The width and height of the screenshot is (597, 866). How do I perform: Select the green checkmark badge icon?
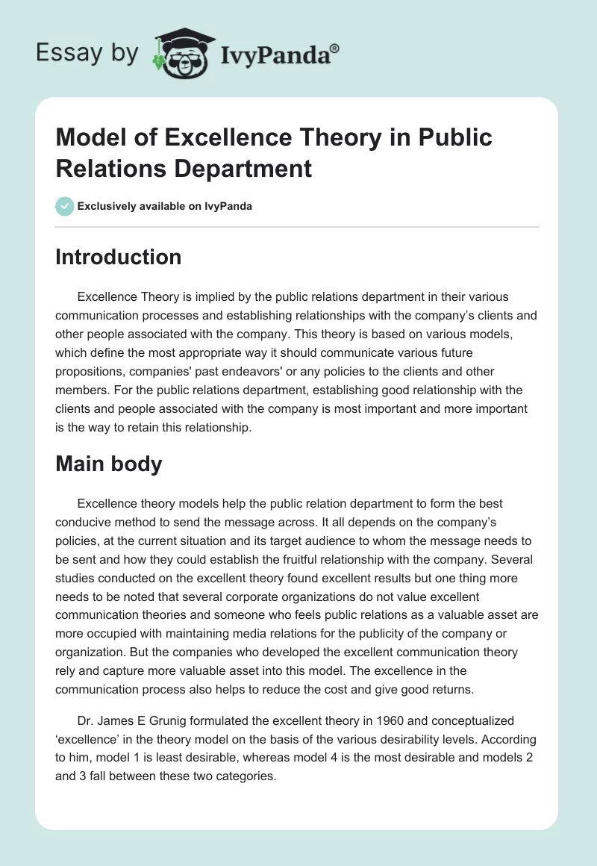pyautogui.click(x=65, y=206)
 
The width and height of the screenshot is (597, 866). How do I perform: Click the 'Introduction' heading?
pyautogui.click(x=119, y=257)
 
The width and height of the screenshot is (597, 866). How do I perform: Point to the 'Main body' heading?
pyautogui.click(x=109, y=464)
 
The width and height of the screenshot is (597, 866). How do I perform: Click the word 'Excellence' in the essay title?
pyautogui.click(x=216, y=137)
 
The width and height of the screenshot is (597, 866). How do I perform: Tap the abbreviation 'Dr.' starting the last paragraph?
pyautogui.click(x=86, y=721)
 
